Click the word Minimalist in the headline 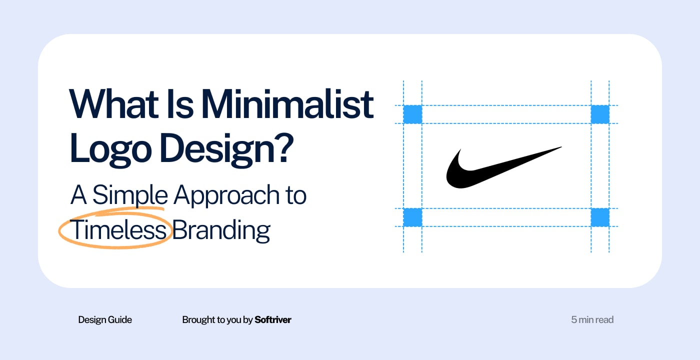pos(287,104)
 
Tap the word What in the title pos(114,104)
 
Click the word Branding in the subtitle pos(221,231)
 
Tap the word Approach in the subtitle pos(226,196)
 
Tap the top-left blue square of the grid pos(412,114)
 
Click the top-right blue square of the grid pos(600,114)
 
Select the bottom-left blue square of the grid pos(412,217)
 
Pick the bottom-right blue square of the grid pos(600,217)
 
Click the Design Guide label pos(105,320)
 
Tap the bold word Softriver pos(273,319)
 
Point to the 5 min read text pos(592,319)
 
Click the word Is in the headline pos(180,104)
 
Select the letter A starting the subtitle pos(78,194)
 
